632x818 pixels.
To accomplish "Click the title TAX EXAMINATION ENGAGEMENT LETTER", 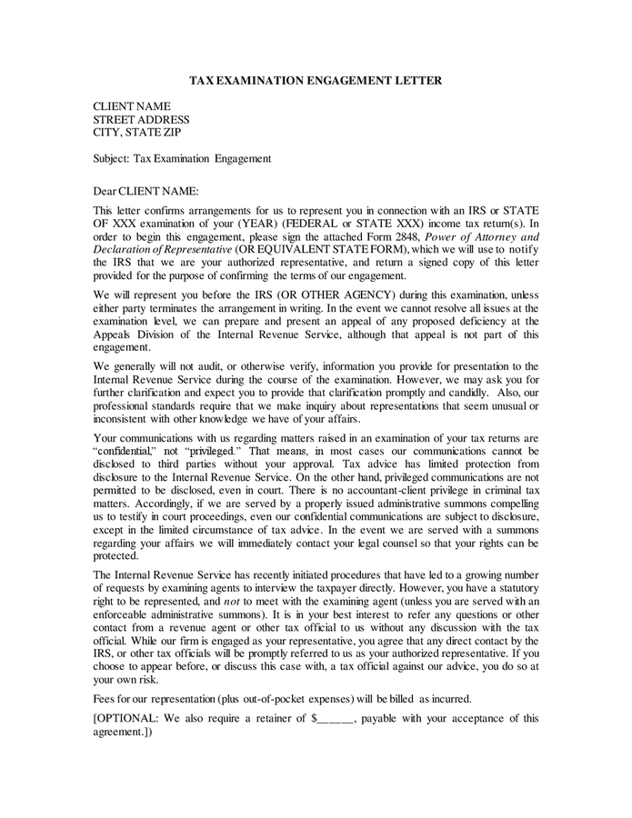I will click(316, 81).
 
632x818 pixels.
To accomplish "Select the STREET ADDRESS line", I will click(141, 119).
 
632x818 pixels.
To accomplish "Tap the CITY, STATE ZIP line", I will click(137, 132).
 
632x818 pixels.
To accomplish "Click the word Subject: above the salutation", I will click(112, 158).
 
